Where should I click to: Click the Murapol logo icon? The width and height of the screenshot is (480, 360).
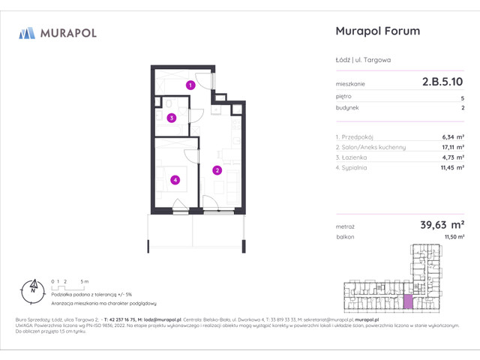27,32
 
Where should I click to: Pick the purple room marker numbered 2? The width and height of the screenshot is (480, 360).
216,170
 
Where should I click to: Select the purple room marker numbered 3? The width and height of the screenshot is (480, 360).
172,118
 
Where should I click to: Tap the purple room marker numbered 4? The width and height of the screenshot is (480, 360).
174,179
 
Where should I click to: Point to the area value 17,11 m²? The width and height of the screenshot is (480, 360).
451,148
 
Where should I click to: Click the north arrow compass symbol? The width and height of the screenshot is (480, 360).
32,286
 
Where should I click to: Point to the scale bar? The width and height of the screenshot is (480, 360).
67,286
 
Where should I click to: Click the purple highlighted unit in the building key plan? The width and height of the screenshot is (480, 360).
408,301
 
